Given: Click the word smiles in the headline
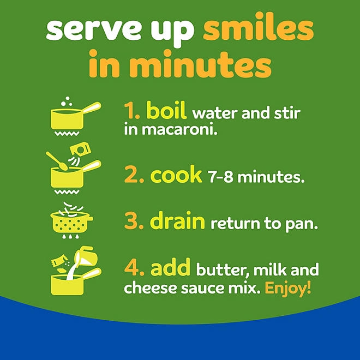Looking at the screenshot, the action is (259, 30).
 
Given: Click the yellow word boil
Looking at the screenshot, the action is (166, 110).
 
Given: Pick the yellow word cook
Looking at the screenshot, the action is (176, 175).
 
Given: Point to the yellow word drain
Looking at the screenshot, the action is (177, 220).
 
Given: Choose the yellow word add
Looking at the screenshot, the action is (170, 267).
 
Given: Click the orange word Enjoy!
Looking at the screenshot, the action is (288, 287).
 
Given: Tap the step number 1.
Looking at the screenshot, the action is (132, 111).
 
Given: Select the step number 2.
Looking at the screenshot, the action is (134, 175).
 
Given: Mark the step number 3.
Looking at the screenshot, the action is (134, 221).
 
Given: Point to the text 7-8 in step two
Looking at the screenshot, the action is (220, 177).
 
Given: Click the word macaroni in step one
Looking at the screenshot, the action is (179, 130).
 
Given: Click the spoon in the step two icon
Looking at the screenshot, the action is (57, 161).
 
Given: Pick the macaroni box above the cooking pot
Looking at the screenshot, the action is (80, 149).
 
